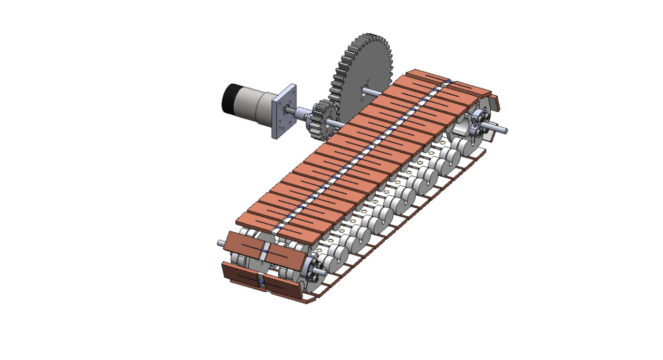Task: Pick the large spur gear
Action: [x=363, y=68]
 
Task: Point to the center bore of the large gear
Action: [x=363, y=88]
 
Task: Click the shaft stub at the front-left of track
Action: [x=221, y=243]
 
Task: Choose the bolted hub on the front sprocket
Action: [x=309, y=273]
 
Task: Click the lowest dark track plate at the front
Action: [x=261, y=283]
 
